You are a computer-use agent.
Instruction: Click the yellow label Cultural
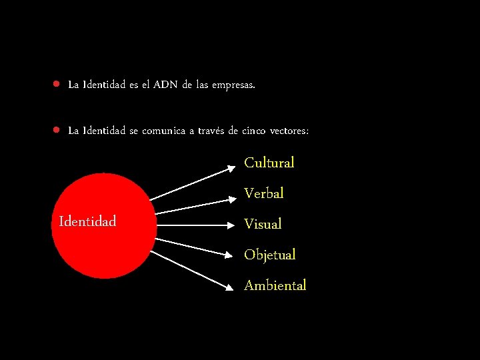(269, 163)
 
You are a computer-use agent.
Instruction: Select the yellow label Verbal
(263, 193)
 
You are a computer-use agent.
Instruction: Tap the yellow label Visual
(263, 224)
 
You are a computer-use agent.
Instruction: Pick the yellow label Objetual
(269, 255)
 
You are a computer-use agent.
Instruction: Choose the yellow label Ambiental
(275, 285)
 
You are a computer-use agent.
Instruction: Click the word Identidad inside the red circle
(87, 221)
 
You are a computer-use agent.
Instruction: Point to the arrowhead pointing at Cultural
(231, 169)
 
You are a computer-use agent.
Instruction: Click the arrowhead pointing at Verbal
(231, 200)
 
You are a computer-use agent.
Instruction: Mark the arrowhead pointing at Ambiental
(231, 287)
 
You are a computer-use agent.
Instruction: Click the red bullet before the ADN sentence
(58, 85)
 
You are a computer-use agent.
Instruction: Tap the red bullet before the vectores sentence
(58, 130)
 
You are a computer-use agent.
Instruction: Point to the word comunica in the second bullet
(163, 131)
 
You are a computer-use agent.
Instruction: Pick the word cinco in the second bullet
(253, 131)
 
